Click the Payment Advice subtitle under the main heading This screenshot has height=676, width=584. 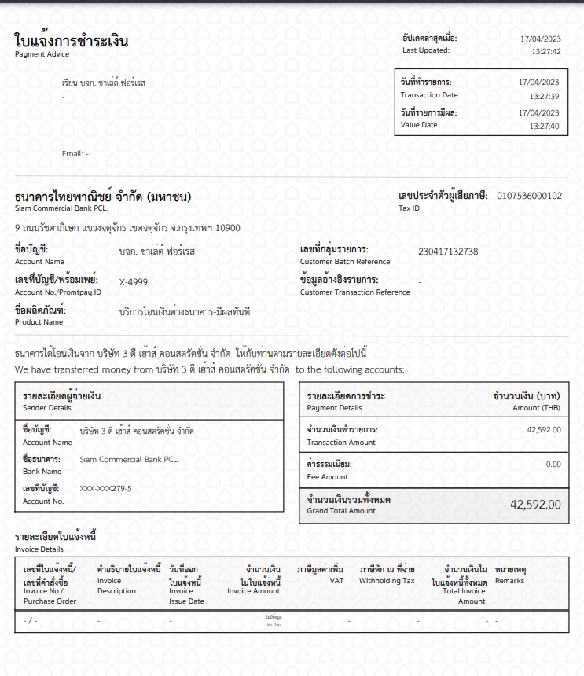pos(42,54)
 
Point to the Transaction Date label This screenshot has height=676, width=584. pos(428,95)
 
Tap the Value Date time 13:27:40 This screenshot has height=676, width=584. pos(544,126)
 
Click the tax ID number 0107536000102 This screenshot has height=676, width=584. pos(529,196)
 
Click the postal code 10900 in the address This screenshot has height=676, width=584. pos(229,228)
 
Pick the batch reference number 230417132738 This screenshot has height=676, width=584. pos(448,252)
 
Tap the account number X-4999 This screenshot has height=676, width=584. pos(133,281)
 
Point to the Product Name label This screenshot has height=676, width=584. pos(39,322)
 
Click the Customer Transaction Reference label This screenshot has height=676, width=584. pos(354,292)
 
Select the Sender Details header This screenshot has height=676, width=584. pos(46,408)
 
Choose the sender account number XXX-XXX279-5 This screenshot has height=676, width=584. pos(106,489)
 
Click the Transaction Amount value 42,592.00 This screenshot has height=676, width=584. pos(544,430)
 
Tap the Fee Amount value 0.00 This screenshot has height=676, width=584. pos(553,465)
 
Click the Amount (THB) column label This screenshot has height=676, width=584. pos(537,408)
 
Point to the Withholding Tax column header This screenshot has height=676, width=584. pos(387,581)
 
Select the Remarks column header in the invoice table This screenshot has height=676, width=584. pos(509,581)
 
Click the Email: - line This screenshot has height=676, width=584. pos(75,154)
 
